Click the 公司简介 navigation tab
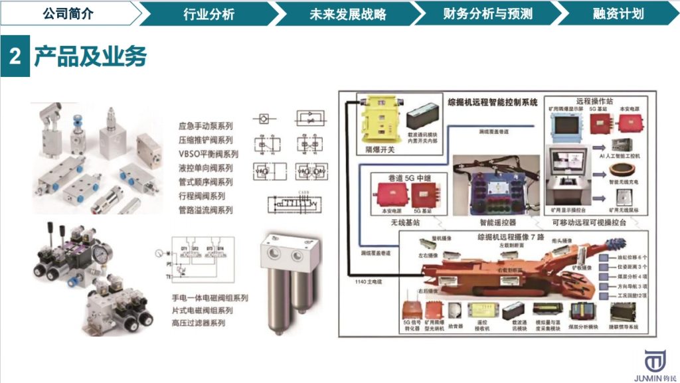tap(68, 13)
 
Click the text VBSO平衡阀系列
tap(208, 154)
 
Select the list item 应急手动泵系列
tap(205, 126)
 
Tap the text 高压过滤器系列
tap(199, 323)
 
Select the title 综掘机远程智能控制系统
tap(492, 103)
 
